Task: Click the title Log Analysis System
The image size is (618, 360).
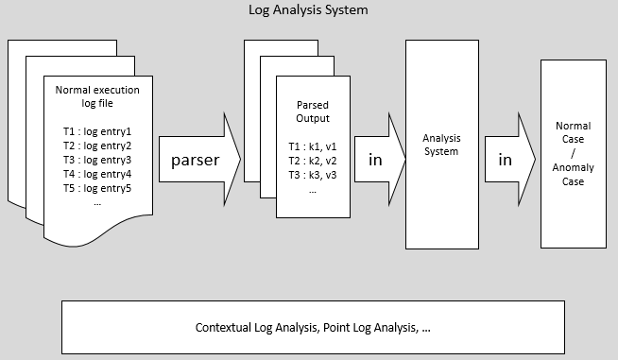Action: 308,10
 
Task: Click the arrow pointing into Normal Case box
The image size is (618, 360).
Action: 506,160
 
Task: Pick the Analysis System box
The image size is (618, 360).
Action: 440,144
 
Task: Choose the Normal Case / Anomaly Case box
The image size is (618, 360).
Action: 573,153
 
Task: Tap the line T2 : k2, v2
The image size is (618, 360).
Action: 312,161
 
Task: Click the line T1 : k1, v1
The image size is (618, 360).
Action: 312,146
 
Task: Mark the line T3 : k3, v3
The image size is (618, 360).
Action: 312,175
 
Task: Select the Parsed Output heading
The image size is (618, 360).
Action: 312,111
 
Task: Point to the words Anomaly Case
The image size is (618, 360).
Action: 573,174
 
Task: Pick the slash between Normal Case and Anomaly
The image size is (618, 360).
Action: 573,152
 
